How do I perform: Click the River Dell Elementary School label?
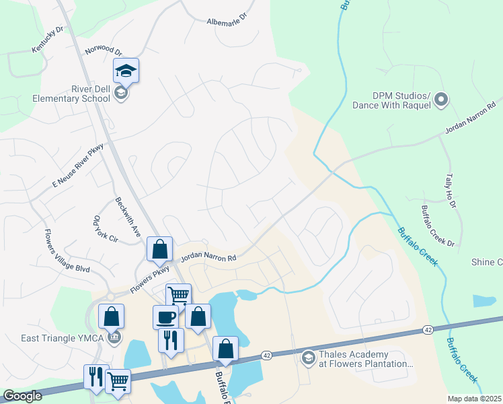[71, 94]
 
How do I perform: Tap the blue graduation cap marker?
[126, 70]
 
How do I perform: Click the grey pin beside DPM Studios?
[441, 100]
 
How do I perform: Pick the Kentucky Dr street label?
[46, 40]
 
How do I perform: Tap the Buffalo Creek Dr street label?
[438, 226]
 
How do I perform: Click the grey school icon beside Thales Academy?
[309, 358]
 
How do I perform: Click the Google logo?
[22, 397]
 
